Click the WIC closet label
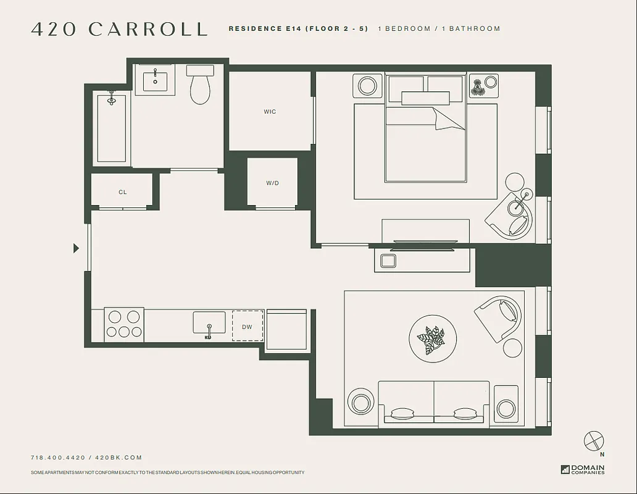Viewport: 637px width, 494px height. [x=270, y=112]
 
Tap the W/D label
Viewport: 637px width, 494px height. [x=273, y=183]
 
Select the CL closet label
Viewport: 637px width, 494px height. [x=122, y=192]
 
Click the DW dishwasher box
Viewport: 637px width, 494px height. [x=247, y=326]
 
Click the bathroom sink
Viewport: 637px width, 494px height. [x=156, y=79]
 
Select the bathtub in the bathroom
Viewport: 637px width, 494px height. [x=112, y=128]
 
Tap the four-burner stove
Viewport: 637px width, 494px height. [x=123, y=325]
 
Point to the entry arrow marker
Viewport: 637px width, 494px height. [x=76, y=248]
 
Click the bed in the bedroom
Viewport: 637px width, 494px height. [x=425, y=139]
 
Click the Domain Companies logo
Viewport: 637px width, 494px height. [x=583, y=469]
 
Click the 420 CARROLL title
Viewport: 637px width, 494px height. [x=119, y=29]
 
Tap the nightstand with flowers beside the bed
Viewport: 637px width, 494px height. [x=483, y=85]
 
